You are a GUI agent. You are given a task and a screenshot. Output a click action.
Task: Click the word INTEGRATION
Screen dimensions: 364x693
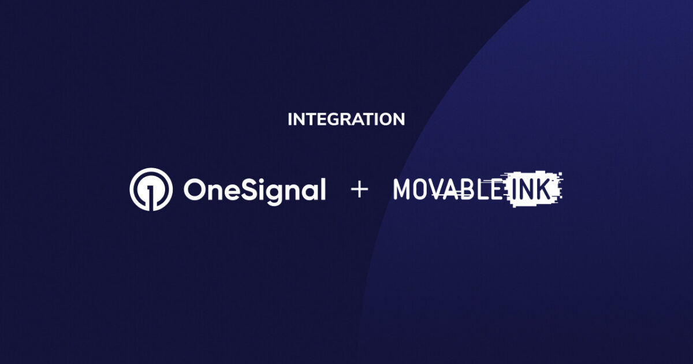point(346,120)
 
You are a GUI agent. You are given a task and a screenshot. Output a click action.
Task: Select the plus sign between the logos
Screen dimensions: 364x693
point(359,190)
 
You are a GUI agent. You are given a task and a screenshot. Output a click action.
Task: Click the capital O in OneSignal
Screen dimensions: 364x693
point(194,190)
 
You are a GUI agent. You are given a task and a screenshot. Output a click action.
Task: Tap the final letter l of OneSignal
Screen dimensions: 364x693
point(322,188)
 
